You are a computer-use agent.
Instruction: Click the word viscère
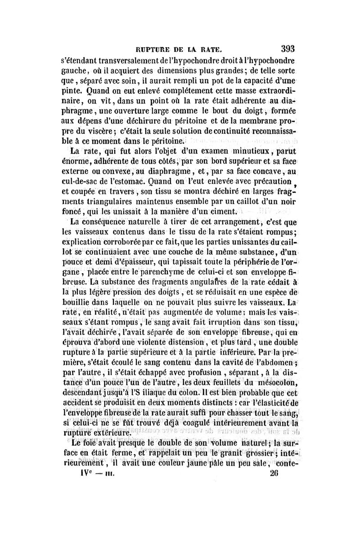[105, 131]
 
